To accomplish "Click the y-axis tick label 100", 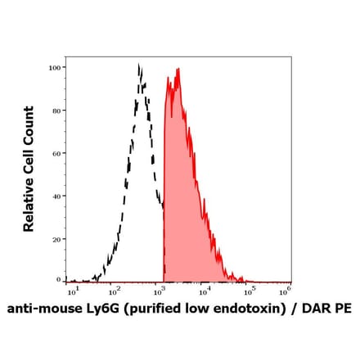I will (56, 68).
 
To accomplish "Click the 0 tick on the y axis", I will (59, 280).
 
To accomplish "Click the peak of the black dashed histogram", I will (139, 65).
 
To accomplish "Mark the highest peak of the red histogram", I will (177, 70).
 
